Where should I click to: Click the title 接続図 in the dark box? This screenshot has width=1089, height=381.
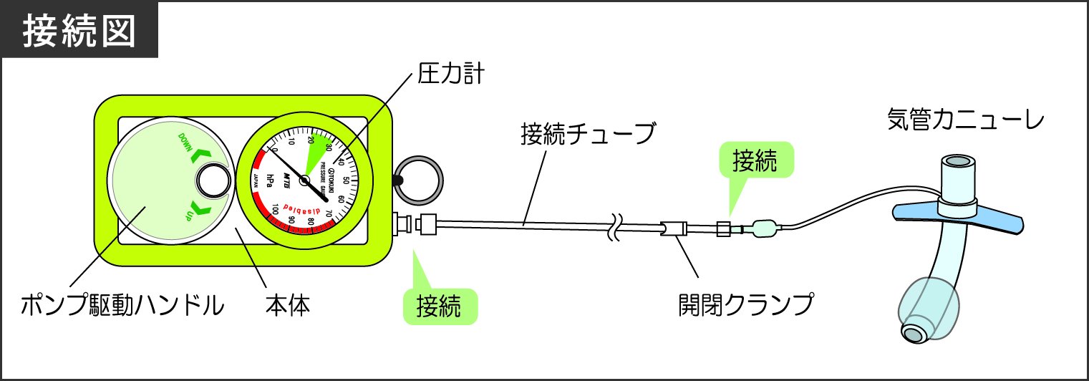coord(79,32)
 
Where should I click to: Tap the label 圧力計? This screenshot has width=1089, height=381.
coord(450,73)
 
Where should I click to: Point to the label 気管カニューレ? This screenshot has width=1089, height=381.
coord(965,119)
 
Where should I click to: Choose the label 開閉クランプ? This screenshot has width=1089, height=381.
coord(746,306)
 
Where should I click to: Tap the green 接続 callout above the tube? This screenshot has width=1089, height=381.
coord(754,162)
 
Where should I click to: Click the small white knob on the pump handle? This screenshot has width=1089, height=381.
coord(210,180)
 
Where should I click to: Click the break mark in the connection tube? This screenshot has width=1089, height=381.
coord(614,228)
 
